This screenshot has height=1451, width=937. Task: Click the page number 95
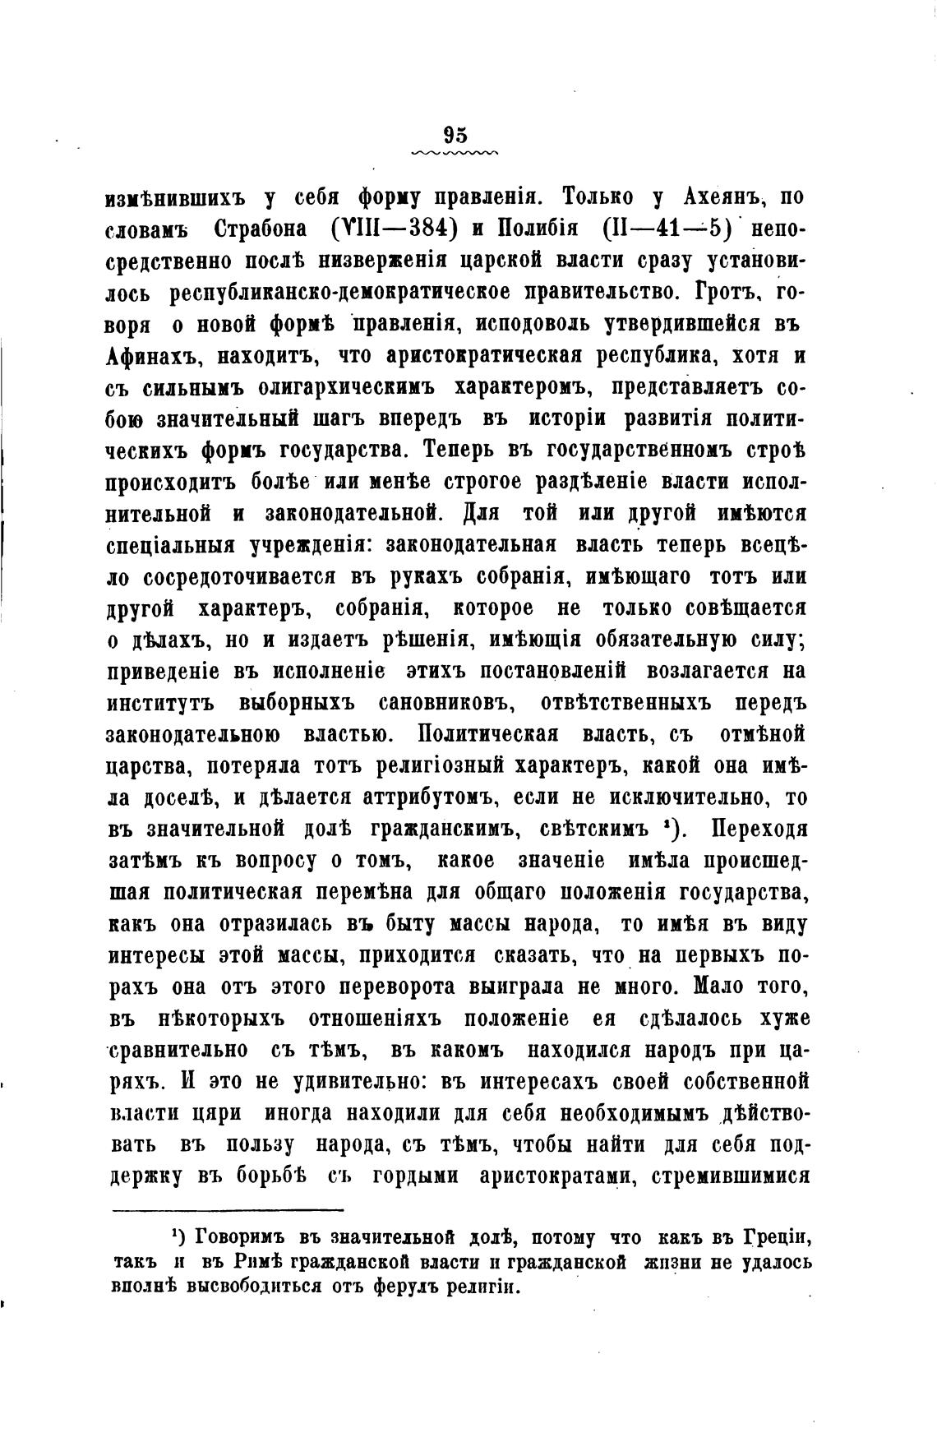pyautogui.click(x=455, y=135)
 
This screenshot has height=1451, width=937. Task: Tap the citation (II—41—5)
pyautogui.click(x=667, y=228)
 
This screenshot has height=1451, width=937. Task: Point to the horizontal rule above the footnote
pyautogui.click(x=227, y=1209)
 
